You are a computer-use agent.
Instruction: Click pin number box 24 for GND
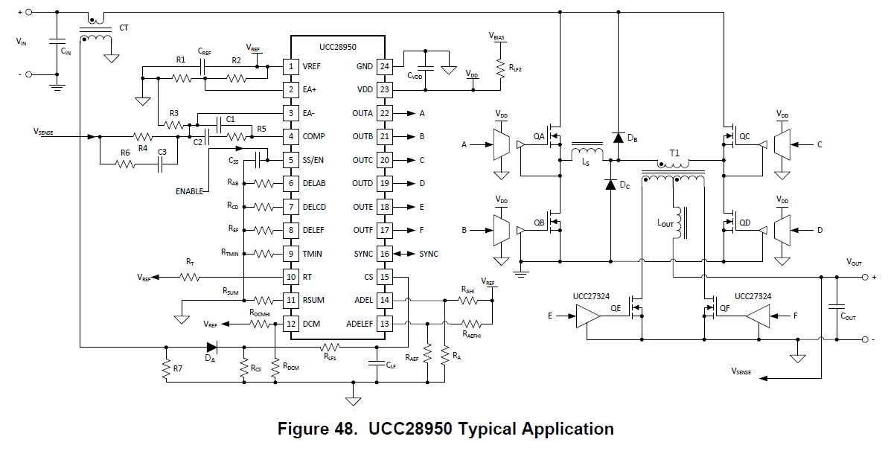pyautogui.click(x=384, y=66)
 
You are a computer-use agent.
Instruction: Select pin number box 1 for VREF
pyautogui.click(x=291, y=66)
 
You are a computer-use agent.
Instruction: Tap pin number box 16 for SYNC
pyautogui.click(x=384, y=254)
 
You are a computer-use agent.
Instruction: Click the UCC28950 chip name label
pyautogui.click(x=337, y=45)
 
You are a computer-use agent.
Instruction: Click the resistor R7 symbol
pyautogui.click(x=167, y=368)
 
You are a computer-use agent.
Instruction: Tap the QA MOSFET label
pyautogui.click(x=539, y=136)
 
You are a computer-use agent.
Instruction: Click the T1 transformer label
pyautogui.click(x=674, y=153)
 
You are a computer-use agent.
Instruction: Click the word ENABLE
pyautogui.click(x=189, y=191)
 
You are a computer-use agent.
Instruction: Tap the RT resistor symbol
pyautogui.click(x=189, y=277)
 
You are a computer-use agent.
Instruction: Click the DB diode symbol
pyautogui.click(x=618, y=137)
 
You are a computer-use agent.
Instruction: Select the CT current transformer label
pyautogui.click(x=124, y=28)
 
